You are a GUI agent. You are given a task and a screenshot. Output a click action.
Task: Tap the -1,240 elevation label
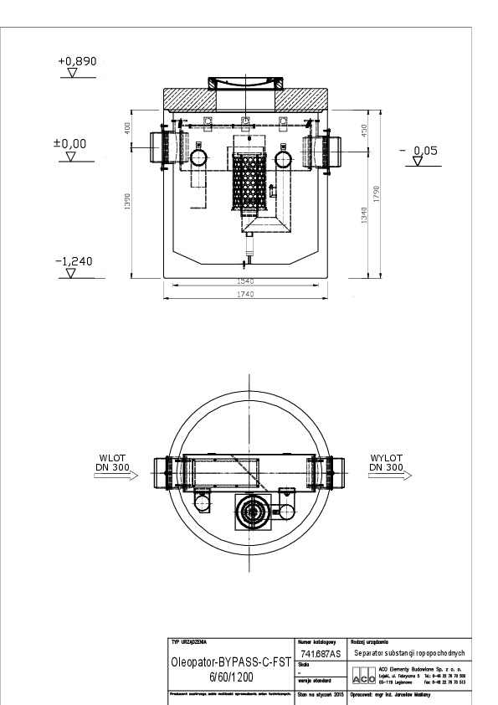tap(74, 261)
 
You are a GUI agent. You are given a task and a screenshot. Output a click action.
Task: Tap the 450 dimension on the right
tap(362, 131)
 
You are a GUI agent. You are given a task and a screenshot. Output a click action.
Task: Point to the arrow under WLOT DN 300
tap(117, 476)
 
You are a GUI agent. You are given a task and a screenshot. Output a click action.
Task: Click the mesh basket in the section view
tap(251, 179)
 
